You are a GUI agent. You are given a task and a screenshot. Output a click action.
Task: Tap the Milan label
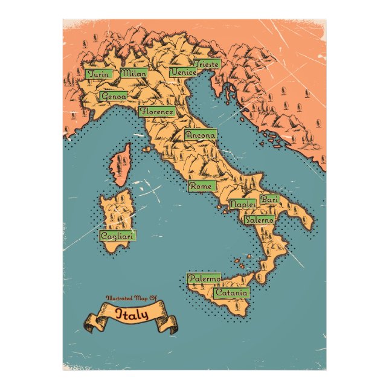pos(133,73)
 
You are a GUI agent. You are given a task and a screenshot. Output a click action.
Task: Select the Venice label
pos(184,72)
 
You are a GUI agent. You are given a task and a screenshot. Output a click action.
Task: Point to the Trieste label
pos(206,63)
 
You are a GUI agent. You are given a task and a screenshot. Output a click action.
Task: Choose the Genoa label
pos(114,96)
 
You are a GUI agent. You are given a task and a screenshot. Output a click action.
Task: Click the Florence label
pos(157,112)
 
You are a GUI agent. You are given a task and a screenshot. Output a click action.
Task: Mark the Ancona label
pos(200,135)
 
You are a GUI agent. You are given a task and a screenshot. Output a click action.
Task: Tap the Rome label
pos(201,187)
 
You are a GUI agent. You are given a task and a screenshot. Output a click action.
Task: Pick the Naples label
pos(243,205)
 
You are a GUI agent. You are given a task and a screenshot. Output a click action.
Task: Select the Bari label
pos(268,199)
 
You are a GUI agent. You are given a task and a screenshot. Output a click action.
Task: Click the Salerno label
pos(260,220)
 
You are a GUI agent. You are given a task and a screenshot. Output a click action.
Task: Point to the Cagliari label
pos(117,236)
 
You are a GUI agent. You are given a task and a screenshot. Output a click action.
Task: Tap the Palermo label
pos(204,279)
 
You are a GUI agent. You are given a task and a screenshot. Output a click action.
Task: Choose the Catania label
pos(231,293)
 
